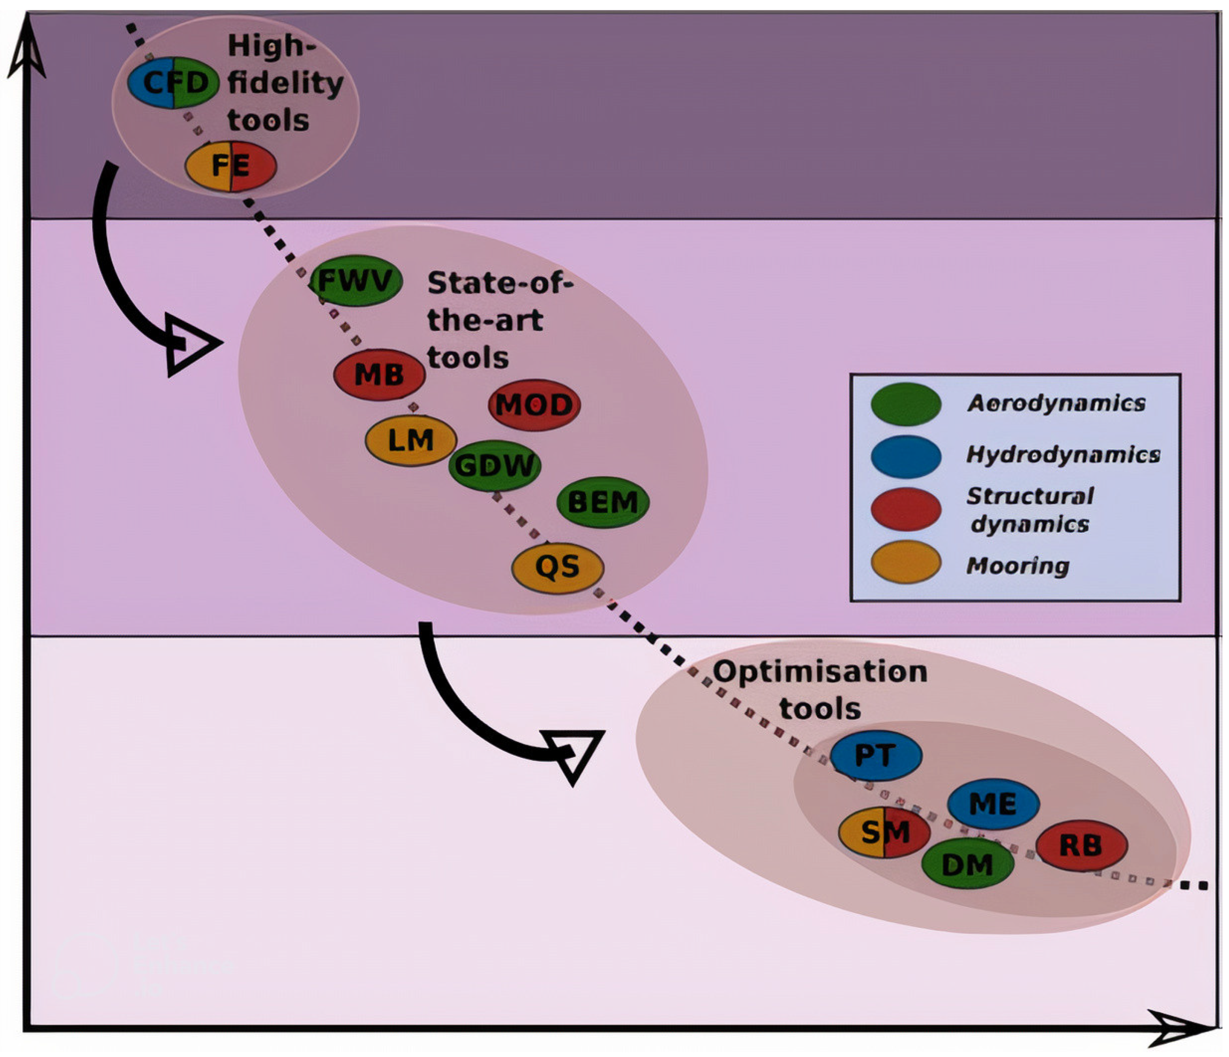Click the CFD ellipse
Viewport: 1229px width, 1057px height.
[x=173, y=82]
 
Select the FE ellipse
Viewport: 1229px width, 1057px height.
[x=231, y=166]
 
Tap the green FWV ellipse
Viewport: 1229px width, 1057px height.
[x=356, y=281]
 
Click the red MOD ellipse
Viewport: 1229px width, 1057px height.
[x=534, y=405]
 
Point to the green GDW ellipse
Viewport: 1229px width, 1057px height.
[x=495, y=466]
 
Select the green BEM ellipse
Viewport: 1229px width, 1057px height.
[x=603, y=502]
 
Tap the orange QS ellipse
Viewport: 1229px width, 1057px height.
[x=558, y=568]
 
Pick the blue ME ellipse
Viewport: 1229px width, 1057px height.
[x=993, y=804]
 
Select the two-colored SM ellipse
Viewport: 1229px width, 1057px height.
[x=884, y=833]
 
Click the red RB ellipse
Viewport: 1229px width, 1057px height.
[x=1081, y=846]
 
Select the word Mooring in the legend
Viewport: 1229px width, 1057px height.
[x=1018, y=566]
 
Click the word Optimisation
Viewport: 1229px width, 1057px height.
[x=820, y=673]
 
